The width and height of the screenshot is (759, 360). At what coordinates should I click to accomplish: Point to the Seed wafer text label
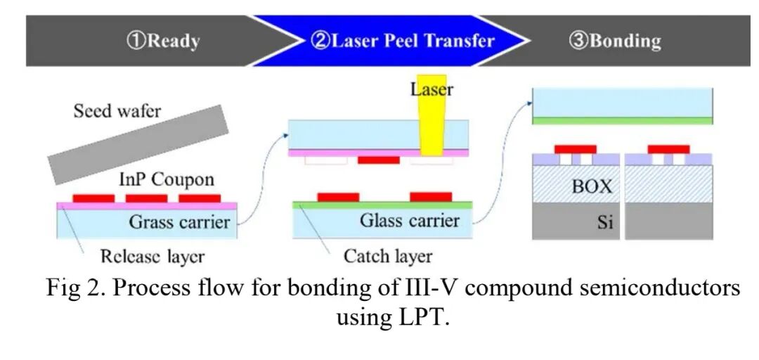pyautogui.click(x=117, y=111)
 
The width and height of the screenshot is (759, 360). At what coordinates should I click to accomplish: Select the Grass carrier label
pyautogui.click(x=179, y=223)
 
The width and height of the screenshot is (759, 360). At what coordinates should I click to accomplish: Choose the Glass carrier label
pyautogui.click(x=410, y=221)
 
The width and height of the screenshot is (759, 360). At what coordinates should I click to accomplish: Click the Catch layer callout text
pyautogui.click(x=387, y=255)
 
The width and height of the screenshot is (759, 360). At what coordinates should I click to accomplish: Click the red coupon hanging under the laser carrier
pyautogui.click(x=378, y=160)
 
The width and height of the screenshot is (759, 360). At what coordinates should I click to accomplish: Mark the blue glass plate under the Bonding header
pyautogui.click(x=623, y=103)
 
